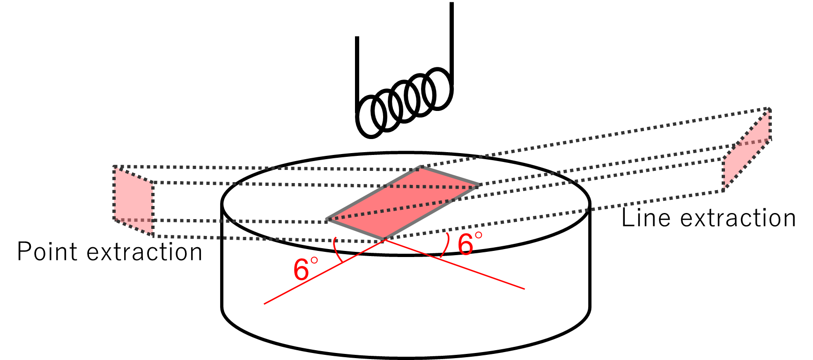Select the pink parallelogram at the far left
(x=133, y=201)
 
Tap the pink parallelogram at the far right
(x=747, y=150)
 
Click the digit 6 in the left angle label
(x=301, y=271)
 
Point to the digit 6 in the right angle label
(x=465, y=245)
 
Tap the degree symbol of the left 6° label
(x=314, y=260)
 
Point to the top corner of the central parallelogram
(x=421, y=167)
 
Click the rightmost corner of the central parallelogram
(x=479, y=185)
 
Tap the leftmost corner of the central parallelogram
(x=327, y=219)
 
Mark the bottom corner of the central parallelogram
(x=384, y=239)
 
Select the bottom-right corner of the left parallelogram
(x=152, y=235)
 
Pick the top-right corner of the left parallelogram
(x=152, y=182)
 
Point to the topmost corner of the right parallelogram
(x=769, y=109)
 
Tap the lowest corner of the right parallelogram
(x=724, y=191)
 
